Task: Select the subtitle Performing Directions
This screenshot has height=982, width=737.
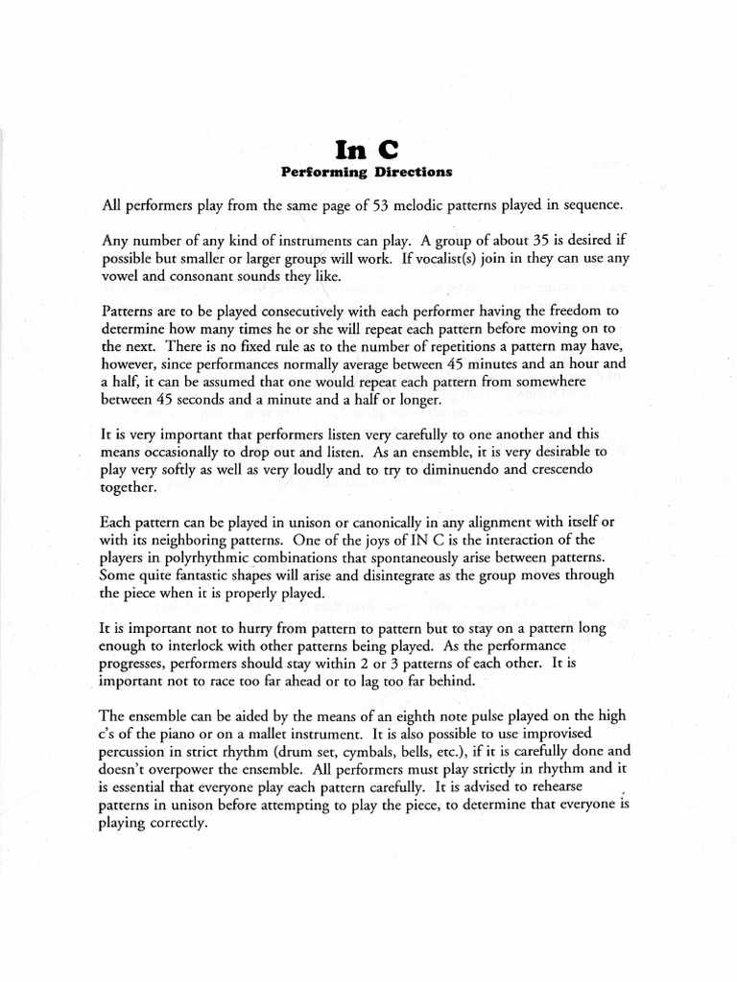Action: [x=365, y=173]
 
